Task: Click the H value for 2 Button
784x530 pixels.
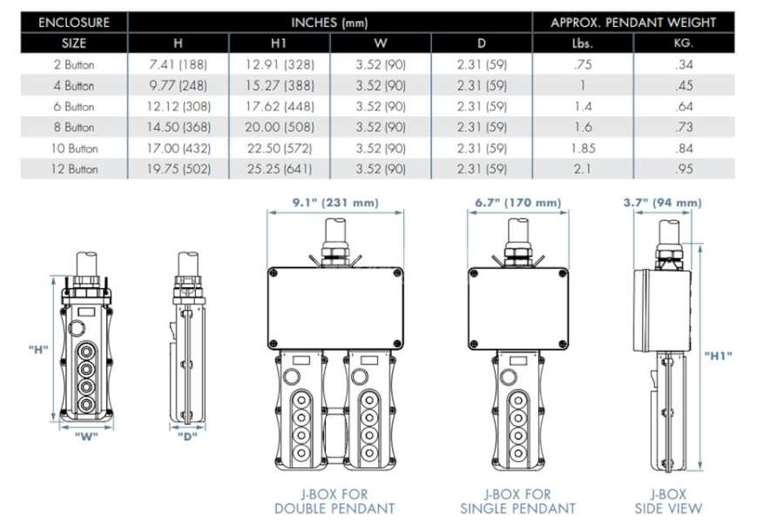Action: (178, 64)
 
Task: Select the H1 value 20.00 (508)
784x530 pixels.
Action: (279, 127)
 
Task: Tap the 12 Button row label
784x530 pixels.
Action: (74, 169)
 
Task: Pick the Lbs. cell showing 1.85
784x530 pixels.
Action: (583, 148)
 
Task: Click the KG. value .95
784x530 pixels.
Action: (684, 169)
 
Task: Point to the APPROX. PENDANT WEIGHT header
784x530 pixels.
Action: (633, 23)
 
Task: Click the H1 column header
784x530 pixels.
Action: (279, 44)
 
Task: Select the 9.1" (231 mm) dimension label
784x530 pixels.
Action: (335, 202)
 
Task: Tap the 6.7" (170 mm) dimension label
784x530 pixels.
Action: (517, 202)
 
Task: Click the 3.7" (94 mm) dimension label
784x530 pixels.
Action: (663, 202)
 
